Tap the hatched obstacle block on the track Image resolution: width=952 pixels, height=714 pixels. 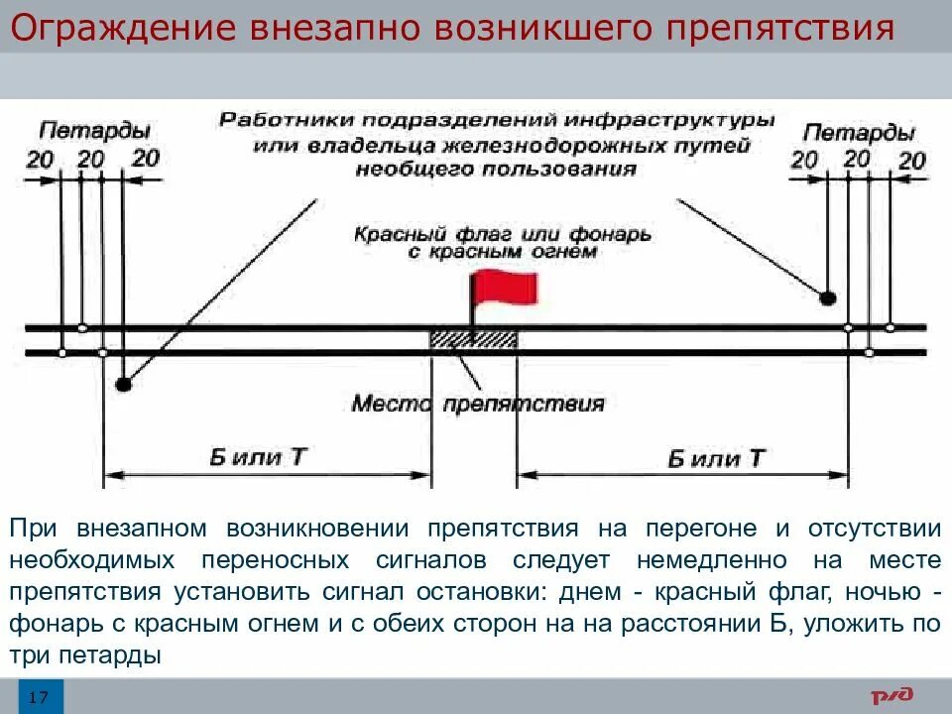pos(472,338)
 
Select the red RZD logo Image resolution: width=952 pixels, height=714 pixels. pos(892,697)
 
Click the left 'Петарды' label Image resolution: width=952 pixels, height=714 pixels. pos(94,131)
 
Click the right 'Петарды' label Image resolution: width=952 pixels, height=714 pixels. pos(859,132)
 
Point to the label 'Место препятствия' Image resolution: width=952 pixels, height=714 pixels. pos(478,404)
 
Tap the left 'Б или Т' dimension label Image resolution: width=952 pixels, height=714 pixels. pos(259,457)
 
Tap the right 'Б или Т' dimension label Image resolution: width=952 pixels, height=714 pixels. pos(716,458)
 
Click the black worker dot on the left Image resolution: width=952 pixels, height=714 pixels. pos(122,384)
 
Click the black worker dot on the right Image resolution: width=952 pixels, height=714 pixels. pos(827,297)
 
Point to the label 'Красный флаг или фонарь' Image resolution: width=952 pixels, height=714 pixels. pos(502,234)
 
